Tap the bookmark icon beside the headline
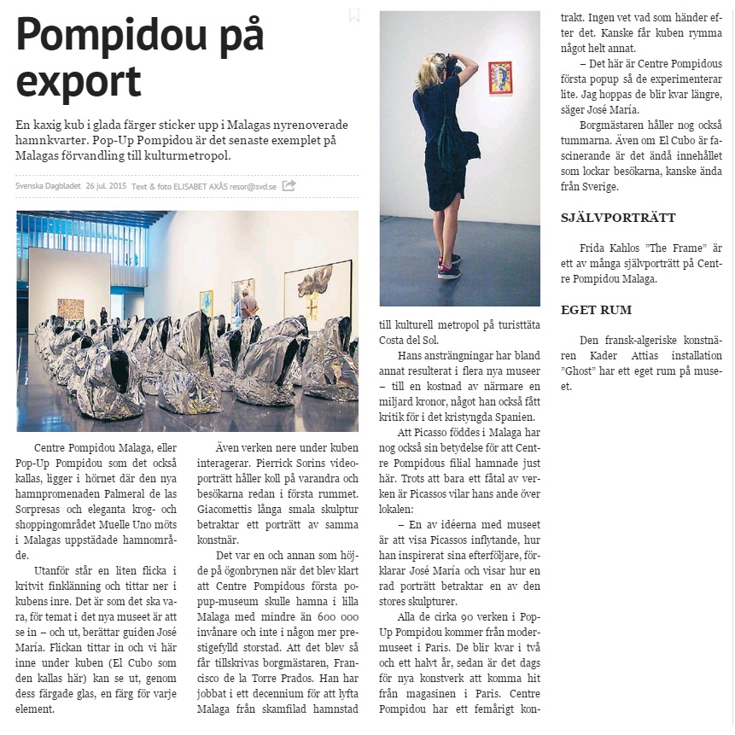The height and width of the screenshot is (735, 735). (x=354, y=15)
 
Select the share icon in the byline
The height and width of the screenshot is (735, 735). (x=289, y=184)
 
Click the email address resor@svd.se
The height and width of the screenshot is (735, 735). (x=253, y=185)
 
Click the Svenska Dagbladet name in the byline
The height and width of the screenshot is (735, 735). (x=47, y=185)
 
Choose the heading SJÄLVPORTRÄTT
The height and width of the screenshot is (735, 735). (x=618, y=218)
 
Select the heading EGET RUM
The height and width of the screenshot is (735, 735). (x=595, y=310)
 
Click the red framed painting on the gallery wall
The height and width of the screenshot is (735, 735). (x=499, y=77)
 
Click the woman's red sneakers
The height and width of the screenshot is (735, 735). (x=449, y=266)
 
